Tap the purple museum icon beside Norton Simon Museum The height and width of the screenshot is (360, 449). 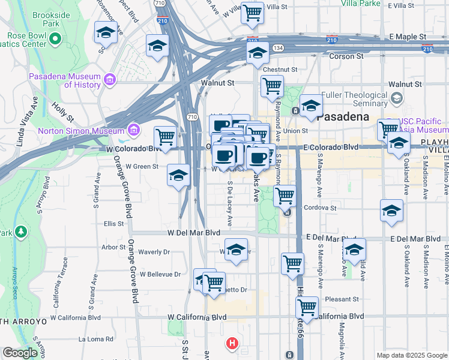[133, 130]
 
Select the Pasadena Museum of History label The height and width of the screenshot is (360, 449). [65, 80]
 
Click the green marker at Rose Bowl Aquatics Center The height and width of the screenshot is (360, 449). [56, 39]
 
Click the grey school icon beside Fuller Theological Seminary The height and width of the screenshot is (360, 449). [396, 98]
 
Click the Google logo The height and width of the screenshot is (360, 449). [20, 353]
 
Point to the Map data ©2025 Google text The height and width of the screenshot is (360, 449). [411, 355]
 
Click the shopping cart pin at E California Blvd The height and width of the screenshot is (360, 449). [307, 307]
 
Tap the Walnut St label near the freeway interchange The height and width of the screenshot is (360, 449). [217, 82]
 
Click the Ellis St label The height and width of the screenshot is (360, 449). [113, 223]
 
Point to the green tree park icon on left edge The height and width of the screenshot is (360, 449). [22, 232]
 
